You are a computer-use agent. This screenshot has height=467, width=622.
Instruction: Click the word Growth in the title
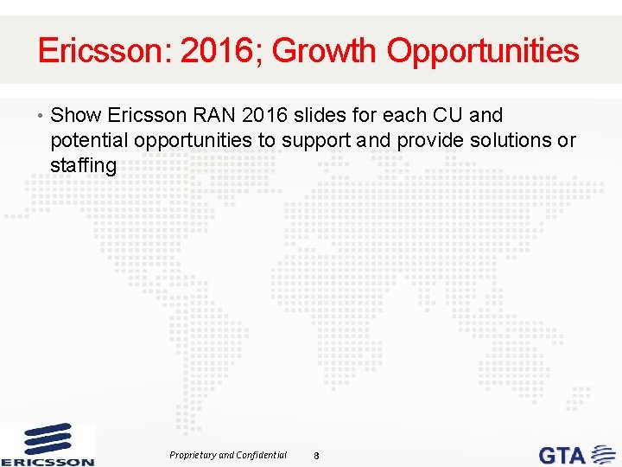point(326,51)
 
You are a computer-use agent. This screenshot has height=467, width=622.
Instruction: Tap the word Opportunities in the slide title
point(483,51)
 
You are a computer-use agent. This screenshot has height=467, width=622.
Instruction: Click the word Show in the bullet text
point(77,115)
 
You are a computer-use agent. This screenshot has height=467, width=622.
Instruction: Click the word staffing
point(83,165)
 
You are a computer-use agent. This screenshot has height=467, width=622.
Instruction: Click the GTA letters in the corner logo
point(562,454)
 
